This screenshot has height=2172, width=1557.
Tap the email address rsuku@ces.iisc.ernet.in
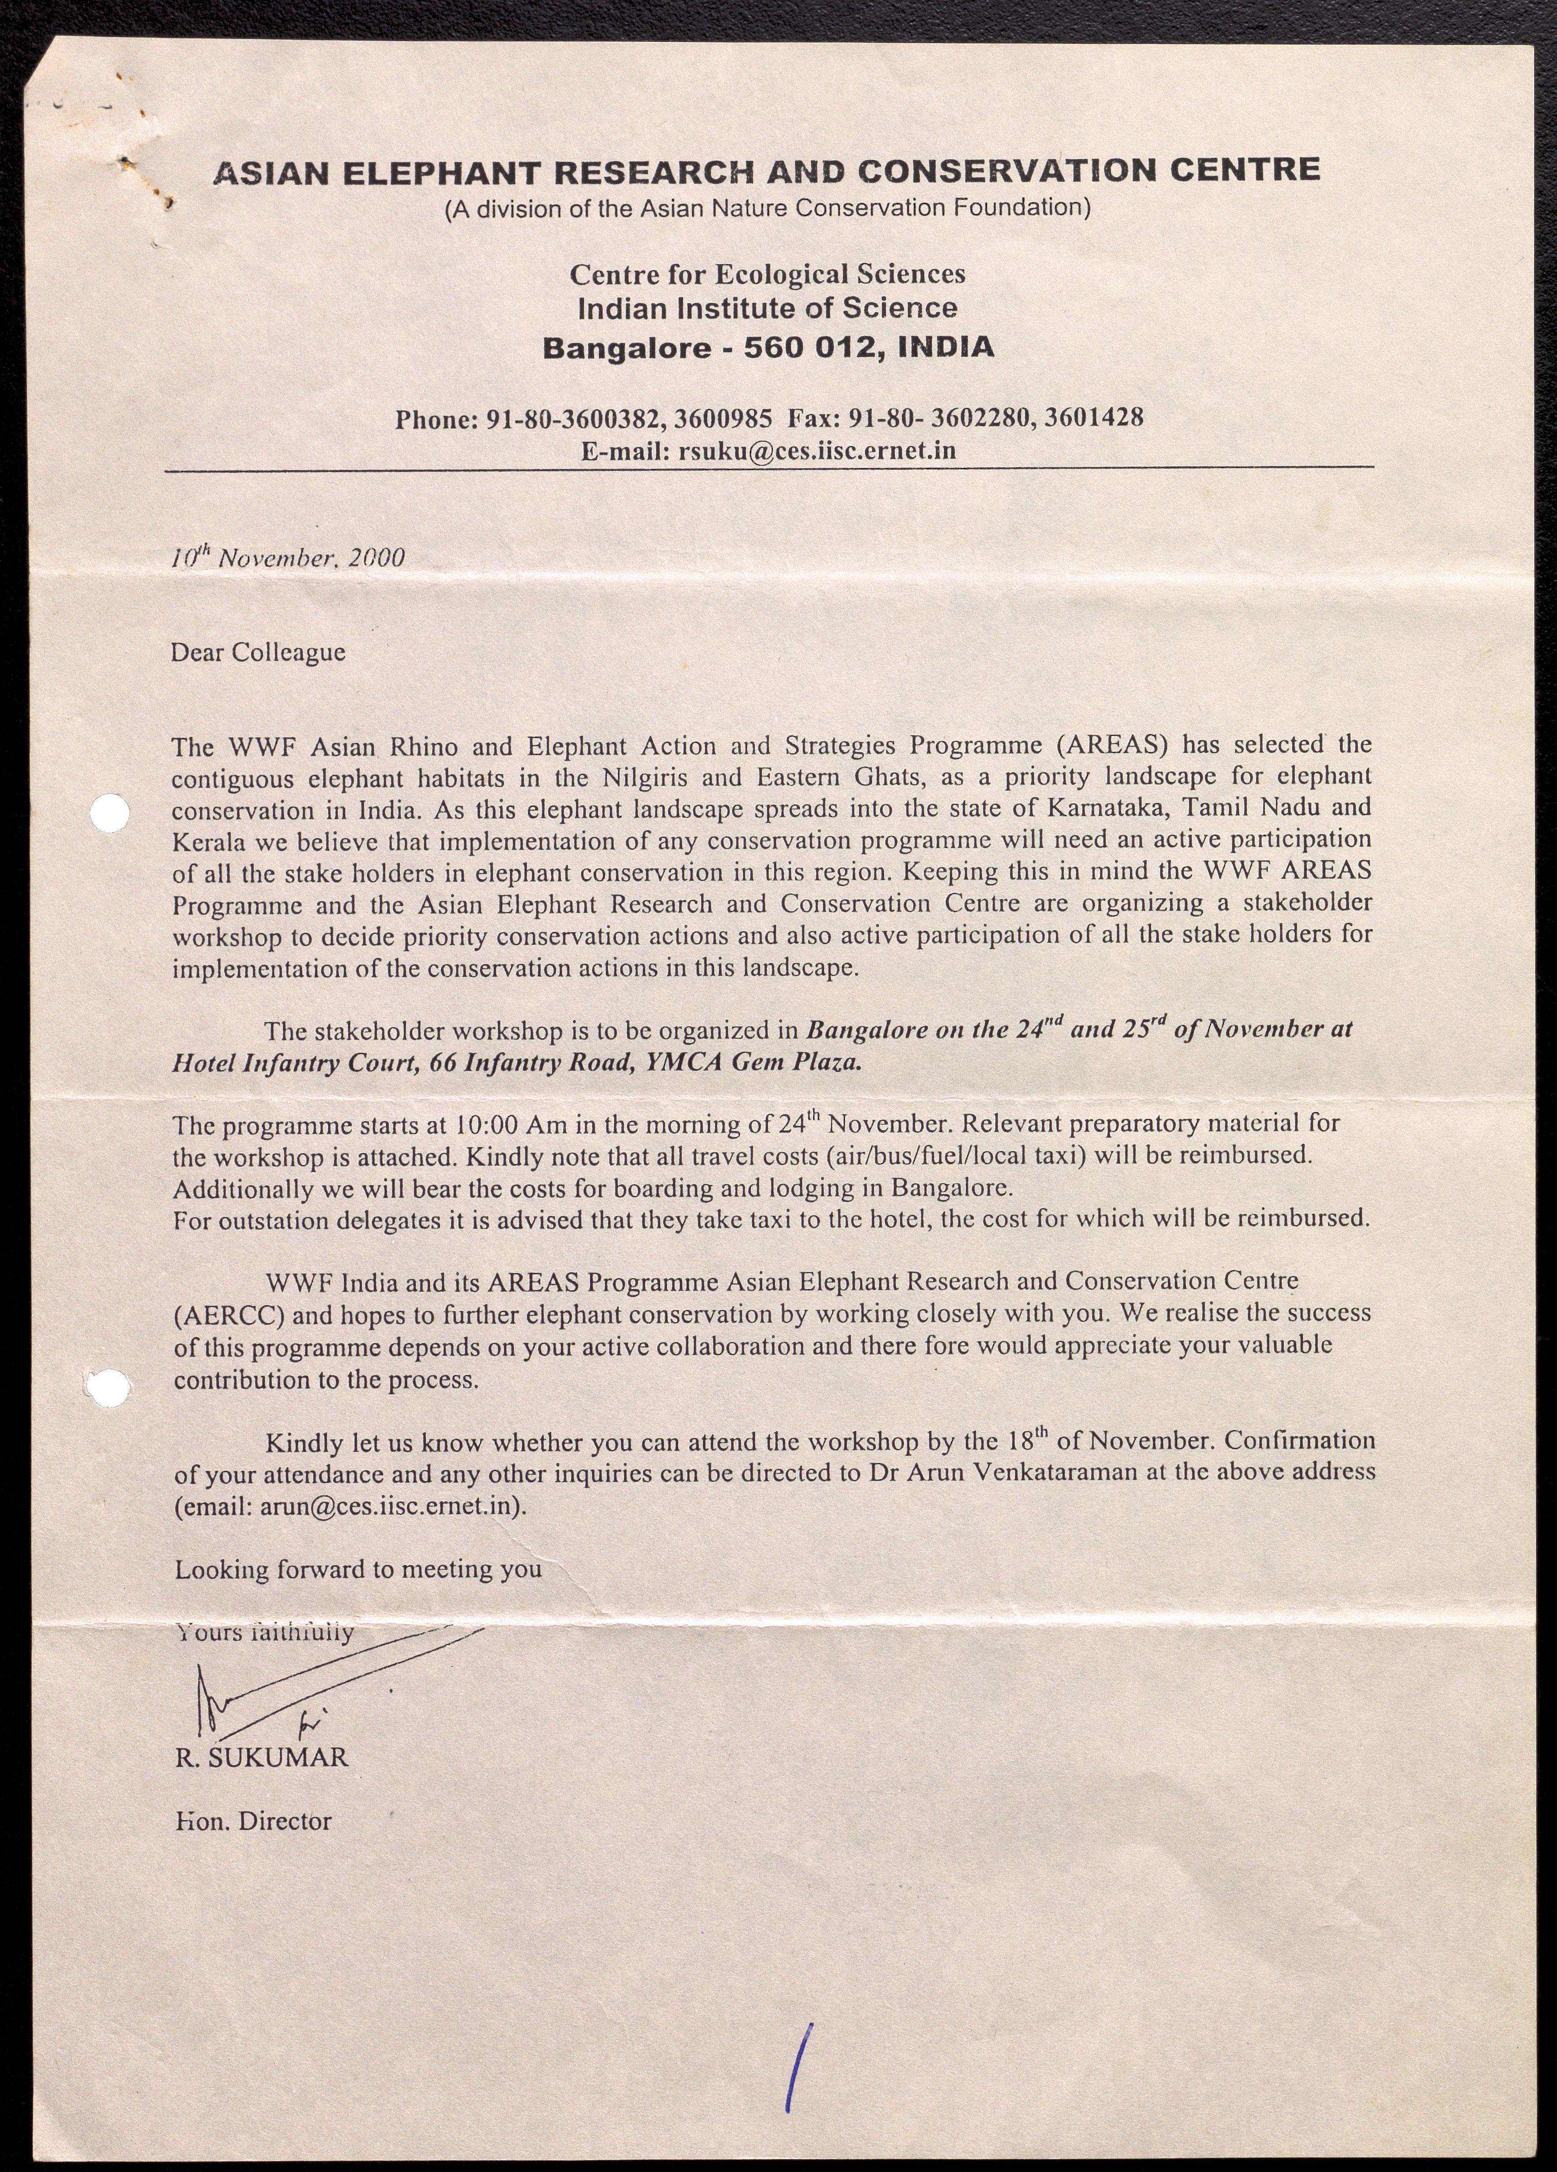[x=817, y=450]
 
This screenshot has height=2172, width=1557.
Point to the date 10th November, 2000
[x=287, y=557]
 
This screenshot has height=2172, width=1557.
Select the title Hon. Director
[x=254, y=1821]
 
